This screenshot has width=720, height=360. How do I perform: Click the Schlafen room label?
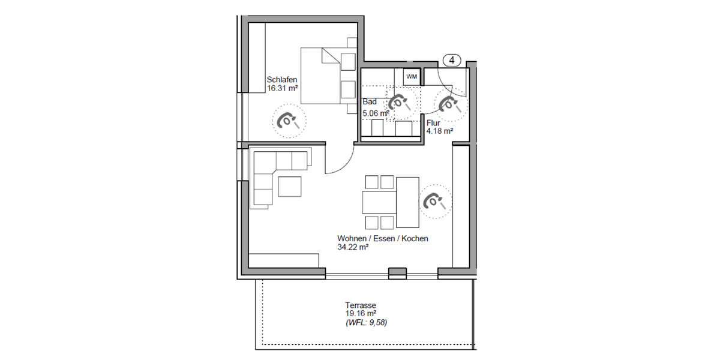pos(282,79)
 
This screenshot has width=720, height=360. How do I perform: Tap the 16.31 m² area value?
pos(283,88)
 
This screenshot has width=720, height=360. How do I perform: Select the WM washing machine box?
pos(411,76)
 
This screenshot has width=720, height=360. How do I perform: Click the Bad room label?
pos(370,102)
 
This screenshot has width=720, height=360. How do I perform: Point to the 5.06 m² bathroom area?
pos(376,112)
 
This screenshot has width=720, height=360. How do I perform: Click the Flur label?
pos(433,122)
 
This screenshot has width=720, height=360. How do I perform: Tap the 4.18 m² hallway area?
pos(439,130)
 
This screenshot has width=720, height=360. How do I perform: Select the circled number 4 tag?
pos(452,60)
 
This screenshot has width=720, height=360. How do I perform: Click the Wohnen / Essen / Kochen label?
pos(383,239)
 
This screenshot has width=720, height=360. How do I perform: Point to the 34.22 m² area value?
pos(352,247)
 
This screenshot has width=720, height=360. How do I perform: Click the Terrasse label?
pos(360,305)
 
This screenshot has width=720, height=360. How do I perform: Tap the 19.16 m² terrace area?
pos(361,313)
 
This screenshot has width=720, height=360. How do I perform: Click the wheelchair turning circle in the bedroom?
pos(289,121)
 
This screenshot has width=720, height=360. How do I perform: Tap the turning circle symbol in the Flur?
pos(449,104)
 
